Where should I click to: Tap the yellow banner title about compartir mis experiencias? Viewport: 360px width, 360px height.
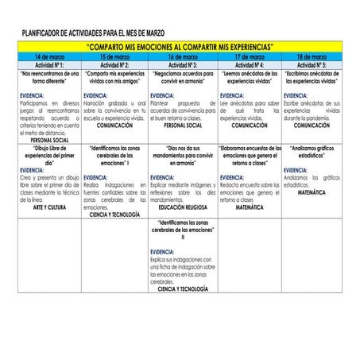pyautogui.click(x=179, y=48)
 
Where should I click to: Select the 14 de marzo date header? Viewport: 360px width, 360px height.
pyautogui.click(x=50, y=58)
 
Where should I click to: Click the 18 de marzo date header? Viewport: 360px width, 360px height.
pyautogui.click(x=312, y=58)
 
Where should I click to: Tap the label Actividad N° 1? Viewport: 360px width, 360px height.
pyautogui.click(x=50, y=64)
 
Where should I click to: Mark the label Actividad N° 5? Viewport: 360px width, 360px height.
pyautogui.click(x=312, y=64)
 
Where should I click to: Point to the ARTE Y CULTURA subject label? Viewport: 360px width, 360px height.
pyautogui.click(x=49, y=207)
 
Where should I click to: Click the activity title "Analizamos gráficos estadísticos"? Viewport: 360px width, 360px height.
pyautogui.click(x=312, y=153)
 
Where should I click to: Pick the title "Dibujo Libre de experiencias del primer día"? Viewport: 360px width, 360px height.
pyautogui.click(x=49, y=156)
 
